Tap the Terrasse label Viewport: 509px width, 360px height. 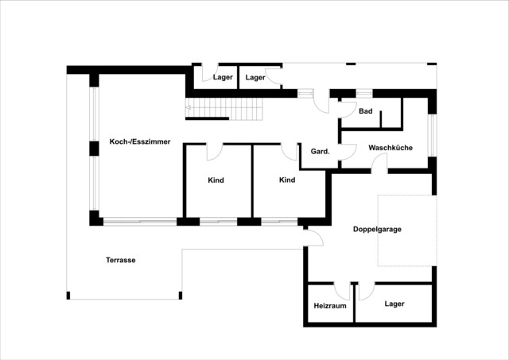[x=120, y=260]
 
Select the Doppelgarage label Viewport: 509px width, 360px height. [x=377, y=229]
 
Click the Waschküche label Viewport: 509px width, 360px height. [x=390, y=148]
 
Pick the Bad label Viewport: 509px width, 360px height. [x=366, y=111]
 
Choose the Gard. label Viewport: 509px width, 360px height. [x=321, y=151]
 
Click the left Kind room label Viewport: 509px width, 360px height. [x=216, y=180]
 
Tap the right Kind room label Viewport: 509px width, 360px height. [x=287, y=180]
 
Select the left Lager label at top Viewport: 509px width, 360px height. [x=223, y=77]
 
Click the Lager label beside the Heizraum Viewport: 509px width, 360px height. [x=394, y=304]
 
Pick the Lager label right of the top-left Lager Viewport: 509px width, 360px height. [x=254, y=77]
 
